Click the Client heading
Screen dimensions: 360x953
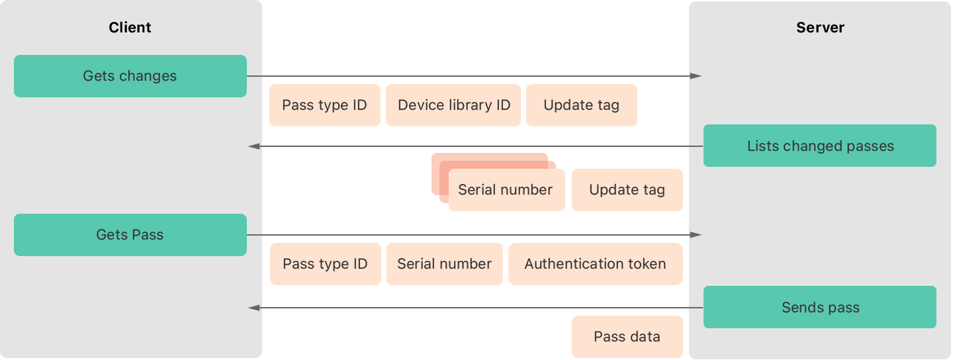coord(130,28)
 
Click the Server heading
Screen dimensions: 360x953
coord(820,28)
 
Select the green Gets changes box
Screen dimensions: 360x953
coord(130,76)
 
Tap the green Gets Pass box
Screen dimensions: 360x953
coord(130,235)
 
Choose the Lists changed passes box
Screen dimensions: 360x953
coord(819,146)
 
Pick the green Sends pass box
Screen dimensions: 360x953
coord(819,308)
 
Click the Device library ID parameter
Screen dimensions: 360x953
coord(453,105)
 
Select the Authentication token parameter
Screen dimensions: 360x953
coord(595,264)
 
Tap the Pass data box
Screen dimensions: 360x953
coord(627,337)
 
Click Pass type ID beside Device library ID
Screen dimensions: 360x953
coord(324,105)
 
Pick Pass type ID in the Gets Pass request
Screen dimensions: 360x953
coord(325,264)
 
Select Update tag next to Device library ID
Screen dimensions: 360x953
coord(581,105)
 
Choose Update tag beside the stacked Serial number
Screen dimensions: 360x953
coord(627,191)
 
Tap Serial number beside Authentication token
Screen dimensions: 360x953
coord(444,264)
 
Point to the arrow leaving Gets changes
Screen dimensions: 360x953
coord(473,76)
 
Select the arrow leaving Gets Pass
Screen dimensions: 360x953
coord(473,235)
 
